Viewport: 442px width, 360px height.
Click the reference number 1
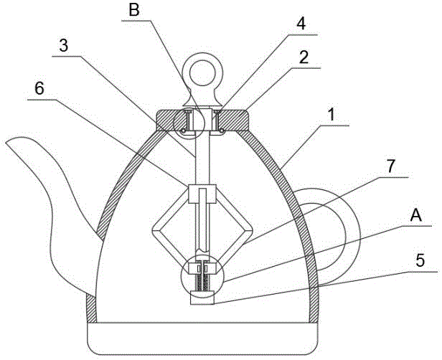point(331,115)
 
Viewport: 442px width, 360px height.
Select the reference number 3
point(64,45)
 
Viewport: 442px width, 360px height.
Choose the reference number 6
point(39,89)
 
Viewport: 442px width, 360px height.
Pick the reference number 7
point(390,166)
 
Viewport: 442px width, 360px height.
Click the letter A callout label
point(415,215)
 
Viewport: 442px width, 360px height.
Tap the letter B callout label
point(134,11)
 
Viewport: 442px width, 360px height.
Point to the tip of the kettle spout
point(6,143)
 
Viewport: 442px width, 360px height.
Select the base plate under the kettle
point(203,338)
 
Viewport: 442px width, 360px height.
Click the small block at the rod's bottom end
point(202,298)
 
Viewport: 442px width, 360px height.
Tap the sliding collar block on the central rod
point(202,194)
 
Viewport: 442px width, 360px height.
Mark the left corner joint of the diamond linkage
point(156,232)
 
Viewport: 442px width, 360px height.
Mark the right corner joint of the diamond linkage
point(248,232)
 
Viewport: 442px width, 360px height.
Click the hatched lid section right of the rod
point(233,120)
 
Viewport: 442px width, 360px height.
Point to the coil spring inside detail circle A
point(202,283)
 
